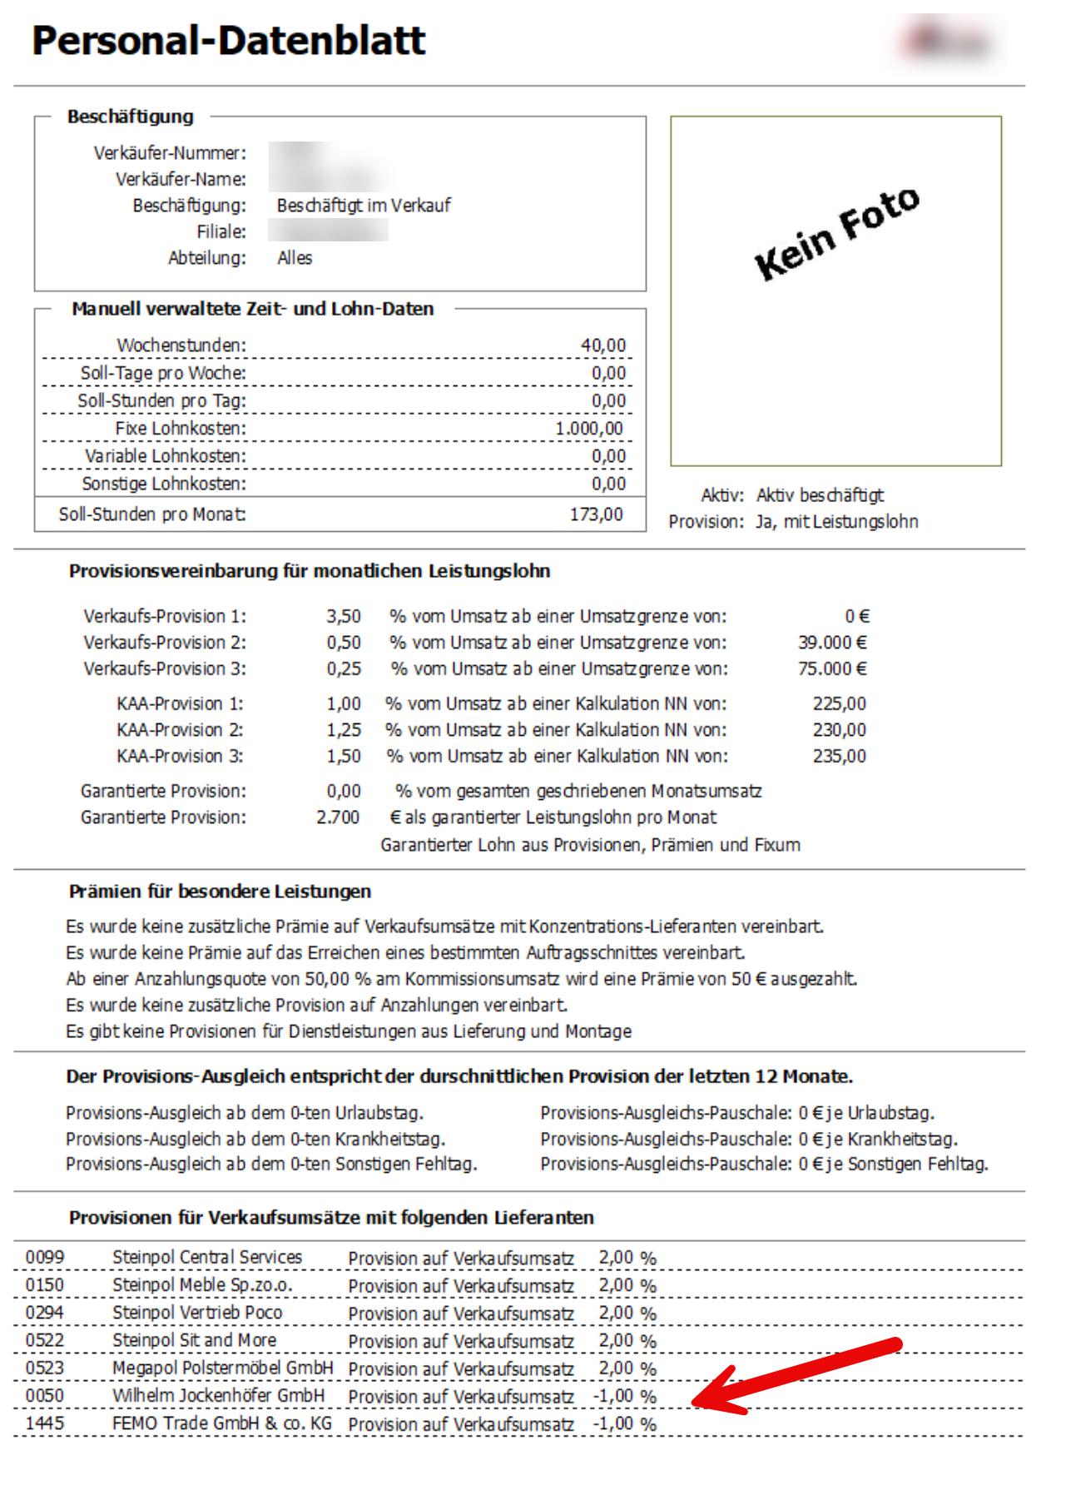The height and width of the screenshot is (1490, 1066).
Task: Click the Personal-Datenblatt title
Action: tap(228, 41)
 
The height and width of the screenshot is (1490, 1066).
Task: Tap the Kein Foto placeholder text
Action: tap(836, 234)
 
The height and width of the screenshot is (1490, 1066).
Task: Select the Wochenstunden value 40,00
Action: tap(602, 345)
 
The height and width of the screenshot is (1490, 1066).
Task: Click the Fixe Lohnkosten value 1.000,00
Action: tap(588, 429)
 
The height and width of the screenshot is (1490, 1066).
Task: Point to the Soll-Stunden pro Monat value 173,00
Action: tap(596, 514)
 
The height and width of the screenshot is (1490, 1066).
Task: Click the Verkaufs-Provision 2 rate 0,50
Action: tap(344, 643)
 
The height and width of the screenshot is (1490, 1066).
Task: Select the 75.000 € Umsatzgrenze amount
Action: tap(832, 668)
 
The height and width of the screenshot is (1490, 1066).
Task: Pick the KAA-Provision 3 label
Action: tap(180, 756)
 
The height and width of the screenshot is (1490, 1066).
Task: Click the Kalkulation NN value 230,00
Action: tap(839, 730)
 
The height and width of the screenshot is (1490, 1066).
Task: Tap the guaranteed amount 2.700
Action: tap(338, 817)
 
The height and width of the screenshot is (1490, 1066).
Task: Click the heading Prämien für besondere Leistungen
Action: tap(220, 892)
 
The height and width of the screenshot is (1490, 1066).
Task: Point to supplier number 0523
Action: tap(45, 1368)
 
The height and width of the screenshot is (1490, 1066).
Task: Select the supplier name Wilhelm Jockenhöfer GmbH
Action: tap(218, 1396)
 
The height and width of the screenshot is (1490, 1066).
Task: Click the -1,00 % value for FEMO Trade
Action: tap(624, 1424)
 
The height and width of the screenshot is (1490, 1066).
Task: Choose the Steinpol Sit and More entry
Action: tap(194, 1340)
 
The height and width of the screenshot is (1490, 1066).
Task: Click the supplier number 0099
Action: tap(45, 1258)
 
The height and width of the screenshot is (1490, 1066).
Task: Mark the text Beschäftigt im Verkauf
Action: tap(364, 206)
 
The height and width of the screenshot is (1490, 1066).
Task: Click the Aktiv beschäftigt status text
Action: tap(820, 495)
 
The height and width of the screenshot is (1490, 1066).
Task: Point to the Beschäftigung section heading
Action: tap(131, 117)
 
